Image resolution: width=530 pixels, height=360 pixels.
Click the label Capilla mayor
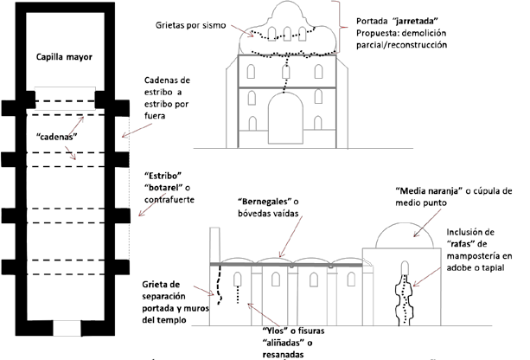click(x=64, y=57)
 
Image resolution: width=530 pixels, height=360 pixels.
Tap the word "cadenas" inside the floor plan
click(x=57, y=137)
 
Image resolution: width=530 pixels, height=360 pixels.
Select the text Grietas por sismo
click(x=190, y=25)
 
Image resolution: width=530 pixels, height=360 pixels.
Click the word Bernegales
click(x=265, y=202)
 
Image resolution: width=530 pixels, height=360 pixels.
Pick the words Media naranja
click(x=429, y=191)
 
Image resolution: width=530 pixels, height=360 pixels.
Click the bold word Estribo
click(x=163, y=176)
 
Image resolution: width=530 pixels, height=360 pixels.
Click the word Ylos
click(x=273, y=331)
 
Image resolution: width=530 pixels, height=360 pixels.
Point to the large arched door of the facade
click(x=285, y=118)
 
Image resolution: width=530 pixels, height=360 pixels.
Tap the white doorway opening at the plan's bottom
click(x=67, y=329)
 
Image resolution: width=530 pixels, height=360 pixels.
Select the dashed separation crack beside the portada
click(x=219, y=285)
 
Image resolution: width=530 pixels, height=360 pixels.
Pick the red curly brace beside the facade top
click(x=339, y=27)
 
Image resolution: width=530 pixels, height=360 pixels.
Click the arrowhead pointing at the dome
click(x=415, y=235)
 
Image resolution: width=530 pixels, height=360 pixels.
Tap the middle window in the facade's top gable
click(x=287, y=34)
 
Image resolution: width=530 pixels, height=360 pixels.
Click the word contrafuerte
click(x=169, y=200)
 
